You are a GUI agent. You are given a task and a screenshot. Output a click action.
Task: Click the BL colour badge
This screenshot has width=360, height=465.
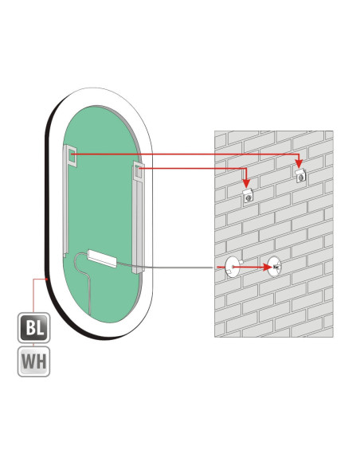33,328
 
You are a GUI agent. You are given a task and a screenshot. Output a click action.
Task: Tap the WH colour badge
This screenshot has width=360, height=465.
33,361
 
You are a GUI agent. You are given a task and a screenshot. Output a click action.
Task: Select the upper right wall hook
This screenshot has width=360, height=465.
301,175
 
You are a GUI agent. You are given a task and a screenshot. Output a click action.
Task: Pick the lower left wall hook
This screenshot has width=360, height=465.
248,196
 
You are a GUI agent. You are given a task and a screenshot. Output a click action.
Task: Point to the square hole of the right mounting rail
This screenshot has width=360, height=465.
137,171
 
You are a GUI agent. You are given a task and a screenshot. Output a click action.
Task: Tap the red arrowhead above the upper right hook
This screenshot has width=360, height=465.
299,164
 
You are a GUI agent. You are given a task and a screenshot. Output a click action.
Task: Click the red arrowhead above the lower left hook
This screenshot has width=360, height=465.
246,184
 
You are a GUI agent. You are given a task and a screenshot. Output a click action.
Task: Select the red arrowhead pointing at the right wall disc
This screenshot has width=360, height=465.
268,268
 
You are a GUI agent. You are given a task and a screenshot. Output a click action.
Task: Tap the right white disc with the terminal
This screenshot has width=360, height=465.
274,267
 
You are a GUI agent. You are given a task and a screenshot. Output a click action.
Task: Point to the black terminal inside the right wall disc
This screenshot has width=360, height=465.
276,267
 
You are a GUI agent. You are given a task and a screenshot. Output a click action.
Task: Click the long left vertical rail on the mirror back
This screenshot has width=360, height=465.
65,201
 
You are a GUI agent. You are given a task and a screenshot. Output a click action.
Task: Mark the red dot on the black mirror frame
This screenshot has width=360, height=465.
47,279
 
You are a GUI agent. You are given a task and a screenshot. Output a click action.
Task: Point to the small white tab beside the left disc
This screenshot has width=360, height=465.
241,261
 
